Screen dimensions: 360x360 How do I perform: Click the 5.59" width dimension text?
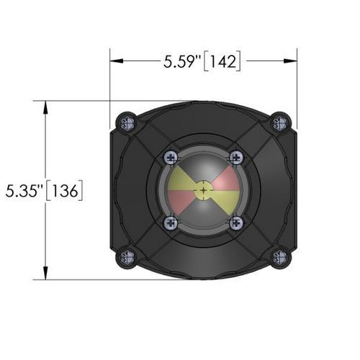182,62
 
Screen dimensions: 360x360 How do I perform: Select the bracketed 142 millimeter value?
222,61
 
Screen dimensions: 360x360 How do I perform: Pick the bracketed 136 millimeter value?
64,191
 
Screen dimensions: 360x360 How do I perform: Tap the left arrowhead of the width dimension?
117,61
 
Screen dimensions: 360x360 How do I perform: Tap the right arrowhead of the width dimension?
290,61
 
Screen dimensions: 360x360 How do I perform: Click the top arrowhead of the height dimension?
45,107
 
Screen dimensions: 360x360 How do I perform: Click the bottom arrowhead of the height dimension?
45,273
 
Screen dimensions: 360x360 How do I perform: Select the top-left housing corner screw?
127,124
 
